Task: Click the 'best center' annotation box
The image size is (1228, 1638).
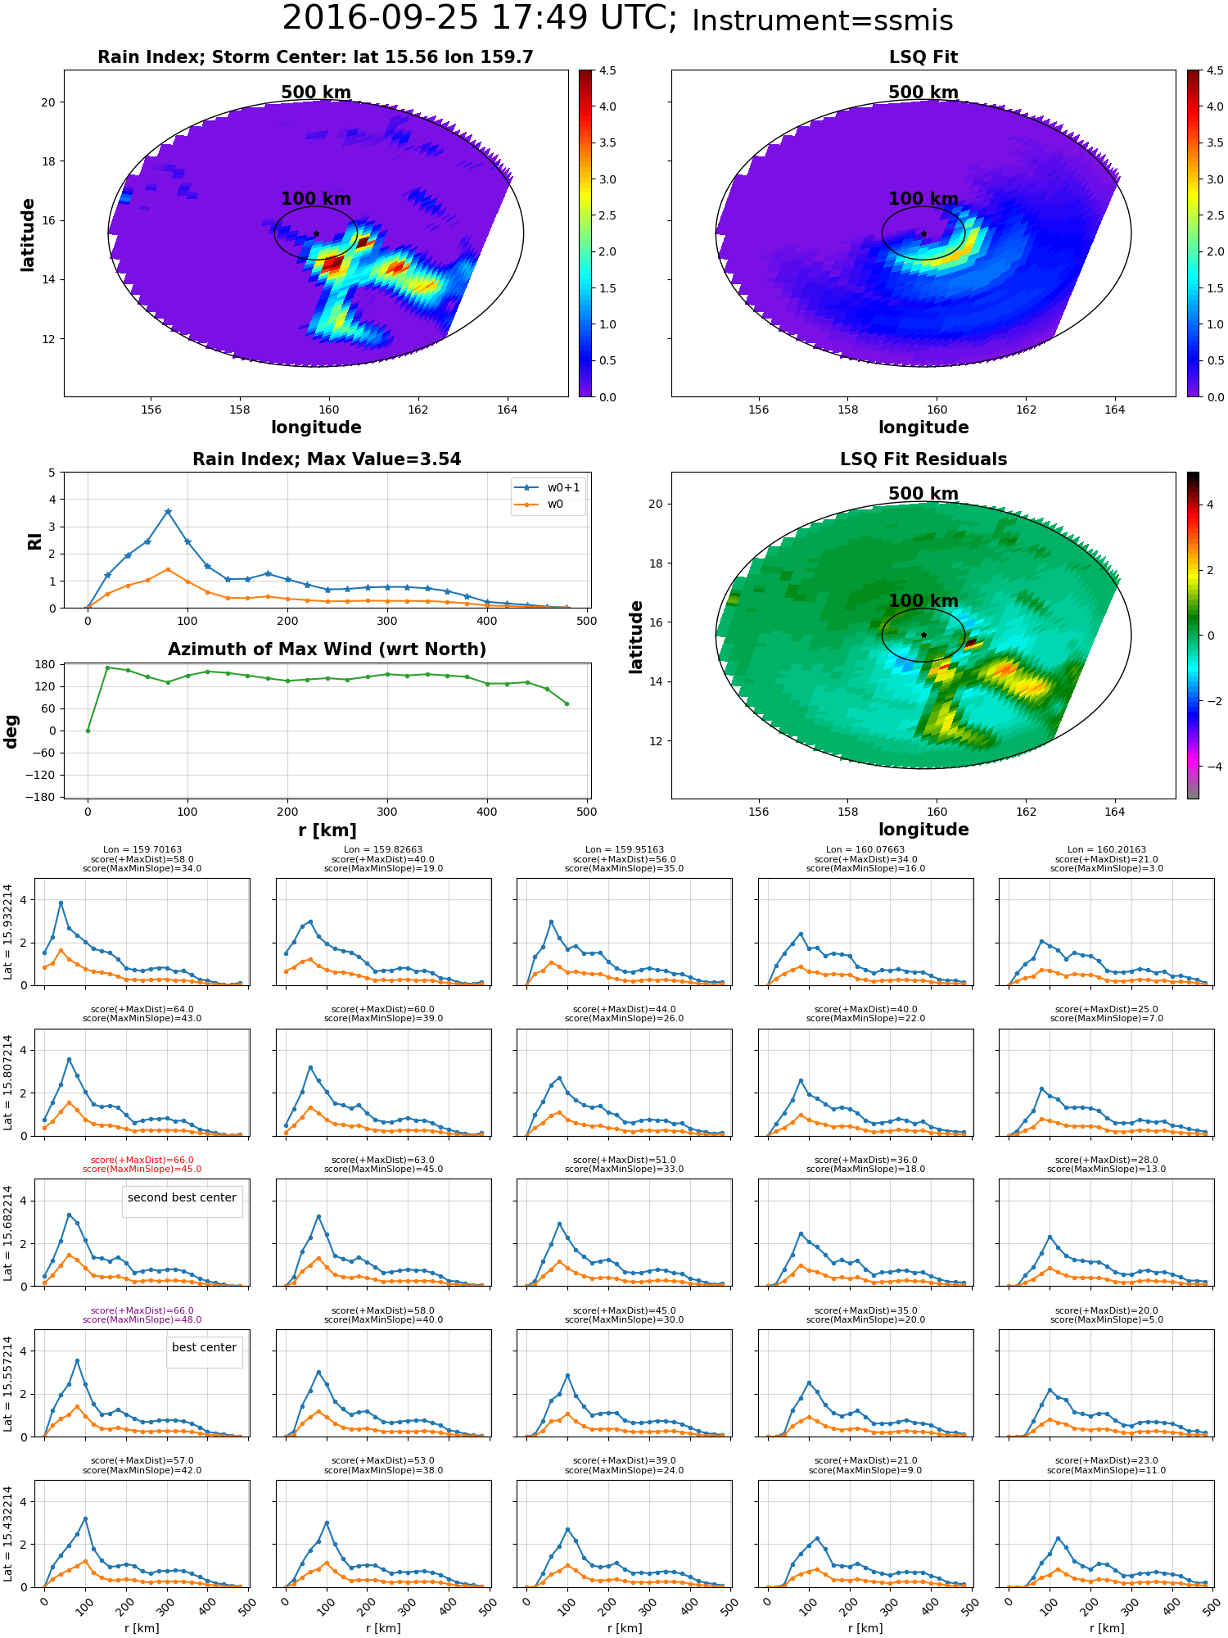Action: [x=204, y=1347]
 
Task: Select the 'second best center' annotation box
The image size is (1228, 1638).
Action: [x=182, y=1197]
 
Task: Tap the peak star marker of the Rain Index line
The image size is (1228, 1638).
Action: [x=168, y=512]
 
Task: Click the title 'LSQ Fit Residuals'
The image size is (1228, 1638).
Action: [x=923, y=459]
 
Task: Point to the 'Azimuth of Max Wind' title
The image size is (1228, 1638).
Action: [x=327, y=649]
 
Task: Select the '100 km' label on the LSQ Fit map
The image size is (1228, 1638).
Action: [x=923, y=199]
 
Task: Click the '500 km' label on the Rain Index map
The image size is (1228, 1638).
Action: [x=316, y=93]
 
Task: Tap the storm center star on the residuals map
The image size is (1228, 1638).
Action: [x=923, y=635]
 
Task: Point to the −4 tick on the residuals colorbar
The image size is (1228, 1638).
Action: [x=1210, y=767]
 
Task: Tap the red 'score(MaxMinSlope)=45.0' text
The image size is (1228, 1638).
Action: [x=142, y=1170]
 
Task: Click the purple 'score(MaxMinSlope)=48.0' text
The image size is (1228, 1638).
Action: [x=142, y=1319]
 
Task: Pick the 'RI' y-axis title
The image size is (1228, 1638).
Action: [x=34, y=541]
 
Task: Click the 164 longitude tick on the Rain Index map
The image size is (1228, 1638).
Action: [x=507, y=409]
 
